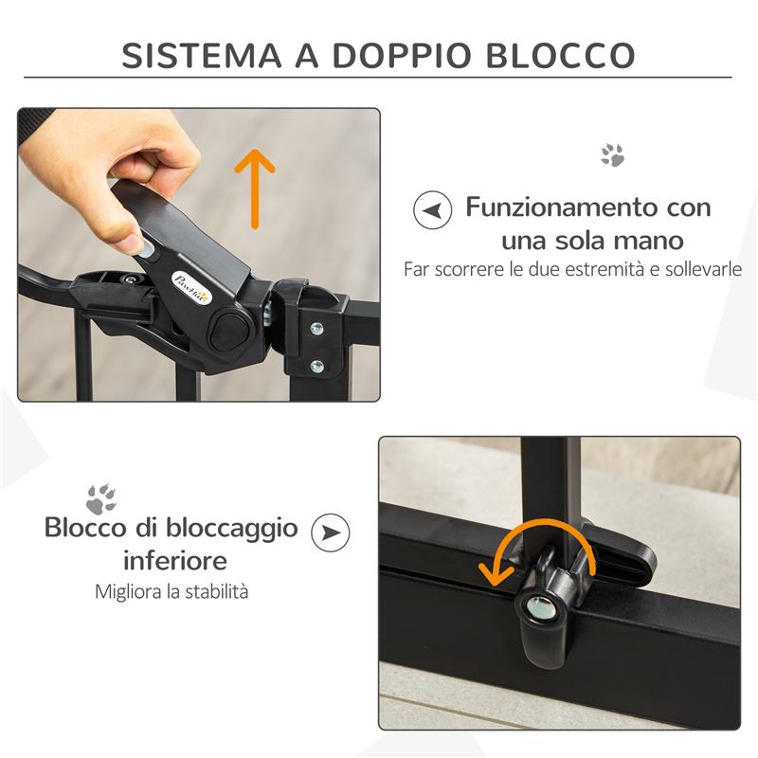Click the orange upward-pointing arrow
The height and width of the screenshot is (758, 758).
(254, 189)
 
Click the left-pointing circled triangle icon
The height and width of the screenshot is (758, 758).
(432, 209)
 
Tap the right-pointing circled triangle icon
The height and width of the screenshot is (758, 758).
(330, 532)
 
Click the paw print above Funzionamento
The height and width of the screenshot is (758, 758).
(613, 155)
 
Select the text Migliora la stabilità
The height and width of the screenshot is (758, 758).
(171, 591)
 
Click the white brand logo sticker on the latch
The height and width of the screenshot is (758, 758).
(191, 283)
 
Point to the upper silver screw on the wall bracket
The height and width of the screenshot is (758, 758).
(316, 329)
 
